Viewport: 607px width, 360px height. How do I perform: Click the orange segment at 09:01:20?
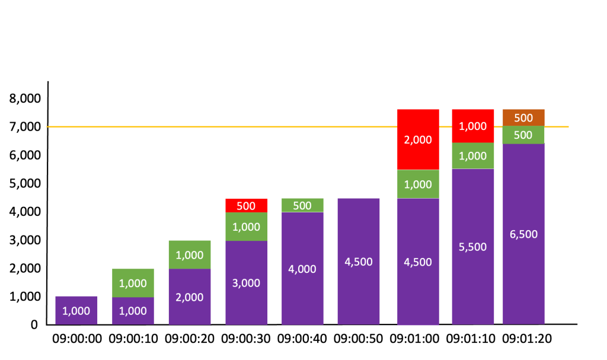(523, 117)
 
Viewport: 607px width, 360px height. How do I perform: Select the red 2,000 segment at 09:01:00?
(418, 139)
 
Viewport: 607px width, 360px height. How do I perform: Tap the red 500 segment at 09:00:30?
(246, 205)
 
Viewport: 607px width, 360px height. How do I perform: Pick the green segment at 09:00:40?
(302, 205)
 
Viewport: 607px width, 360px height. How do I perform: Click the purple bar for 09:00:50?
(359, 261)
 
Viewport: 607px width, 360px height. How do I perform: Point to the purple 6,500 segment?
(523, 234)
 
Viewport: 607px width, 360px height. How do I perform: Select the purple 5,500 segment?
(472, 246)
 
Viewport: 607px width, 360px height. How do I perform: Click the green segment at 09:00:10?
(133, 283)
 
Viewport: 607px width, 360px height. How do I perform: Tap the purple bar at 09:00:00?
(76, 310)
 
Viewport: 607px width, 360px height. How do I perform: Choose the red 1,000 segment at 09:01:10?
(472, 126)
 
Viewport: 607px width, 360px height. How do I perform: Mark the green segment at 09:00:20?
(190, 254)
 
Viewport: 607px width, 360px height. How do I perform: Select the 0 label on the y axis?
(34, 324)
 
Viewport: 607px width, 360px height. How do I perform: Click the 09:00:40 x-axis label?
(302, 339)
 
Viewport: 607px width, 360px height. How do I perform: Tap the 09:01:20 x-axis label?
(527, 339)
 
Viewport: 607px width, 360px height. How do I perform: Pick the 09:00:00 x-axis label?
(76, 339)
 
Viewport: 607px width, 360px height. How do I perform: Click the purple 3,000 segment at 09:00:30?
(246, 283)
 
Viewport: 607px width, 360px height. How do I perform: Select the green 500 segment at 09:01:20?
(523, 135)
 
